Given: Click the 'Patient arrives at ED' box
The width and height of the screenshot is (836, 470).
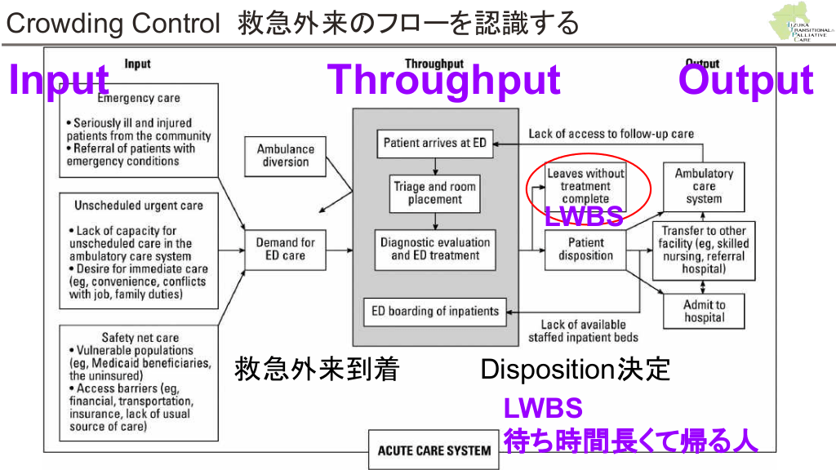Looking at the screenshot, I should pos(434,143).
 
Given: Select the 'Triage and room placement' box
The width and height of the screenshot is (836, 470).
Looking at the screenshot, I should pos(434,193).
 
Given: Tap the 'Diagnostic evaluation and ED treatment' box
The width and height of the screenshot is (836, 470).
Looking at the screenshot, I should pos(434,248).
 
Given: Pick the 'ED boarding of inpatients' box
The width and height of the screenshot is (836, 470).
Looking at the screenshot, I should pos(434,311).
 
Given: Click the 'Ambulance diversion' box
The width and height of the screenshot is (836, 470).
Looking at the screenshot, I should pos(286,155).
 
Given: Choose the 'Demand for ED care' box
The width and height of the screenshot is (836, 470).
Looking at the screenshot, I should pos(285,249).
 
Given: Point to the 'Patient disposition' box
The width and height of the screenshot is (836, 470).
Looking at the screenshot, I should pos(585,249).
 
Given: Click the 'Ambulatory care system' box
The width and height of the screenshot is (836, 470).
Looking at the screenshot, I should pos(704,186).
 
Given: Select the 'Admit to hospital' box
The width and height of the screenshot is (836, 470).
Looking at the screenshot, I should pos(704,311).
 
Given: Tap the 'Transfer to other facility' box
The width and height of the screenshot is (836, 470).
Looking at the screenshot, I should pos(704,249).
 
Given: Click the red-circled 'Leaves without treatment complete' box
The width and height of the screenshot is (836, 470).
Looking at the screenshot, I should pos(585,186).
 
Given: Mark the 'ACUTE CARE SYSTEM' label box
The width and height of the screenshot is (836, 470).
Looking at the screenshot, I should pos(434,450).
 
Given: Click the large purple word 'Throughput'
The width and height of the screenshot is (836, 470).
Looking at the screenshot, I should pos(443,81).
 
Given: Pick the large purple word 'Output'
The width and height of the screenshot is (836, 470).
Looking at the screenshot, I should pos(745,81).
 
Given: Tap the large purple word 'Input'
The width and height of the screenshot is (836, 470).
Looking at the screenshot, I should pos(59,81).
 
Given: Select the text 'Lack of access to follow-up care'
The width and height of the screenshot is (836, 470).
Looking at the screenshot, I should pos(611,133).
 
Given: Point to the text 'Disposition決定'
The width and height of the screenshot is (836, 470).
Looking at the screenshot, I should pos(575,370).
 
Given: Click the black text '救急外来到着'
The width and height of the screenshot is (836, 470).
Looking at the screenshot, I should pos(317,370).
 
